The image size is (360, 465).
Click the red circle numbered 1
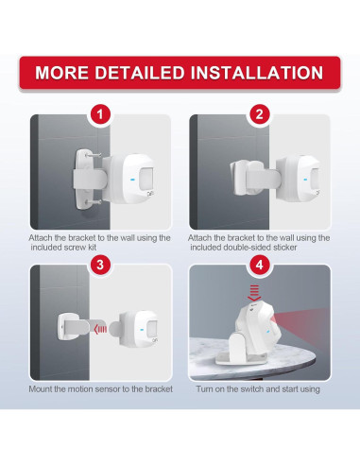pos(100,114)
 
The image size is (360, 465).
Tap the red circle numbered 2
pos(260,114)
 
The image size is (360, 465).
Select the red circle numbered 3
pos(100,265)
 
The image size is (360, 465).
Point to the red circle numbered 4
pos(260,265)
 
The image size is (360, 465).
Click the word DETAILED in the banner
pos(140,73)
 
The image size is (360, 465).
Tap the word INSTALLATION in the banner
pos(257,73)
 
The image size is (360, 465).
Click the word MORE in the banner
pos(62,73)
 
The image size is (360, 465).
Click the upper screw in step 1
pos(94,155)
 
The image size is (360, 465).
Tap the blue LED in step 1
pos(131,181)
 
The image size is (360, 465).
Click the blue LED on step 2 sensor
pos(305,180)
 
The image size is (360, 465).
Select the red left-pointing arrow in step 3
pos(101,330)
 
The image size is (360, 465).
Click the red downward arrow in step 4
pos(254,293)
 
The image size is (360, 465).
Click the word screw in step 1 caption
pos(75,248)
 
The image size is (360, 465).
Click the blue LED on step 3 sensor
pos(142,330)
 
